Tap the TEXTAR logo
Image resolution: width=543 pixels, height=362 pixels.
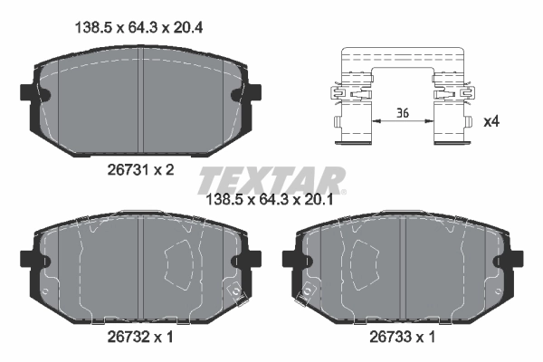271,176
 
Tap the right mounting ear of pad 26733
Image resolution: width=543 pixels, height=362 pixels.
516,260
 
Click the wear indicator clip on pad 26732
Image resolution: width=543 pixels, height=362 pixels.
233,291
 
